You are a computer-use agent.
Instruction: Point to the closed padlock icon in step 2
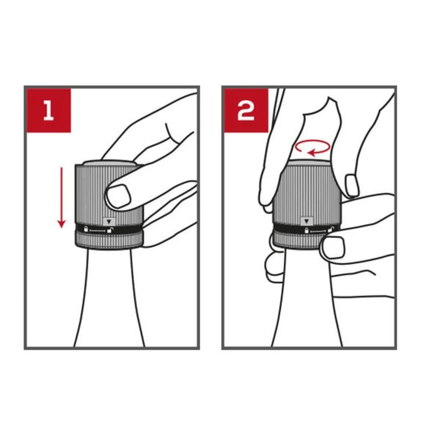(307, 230)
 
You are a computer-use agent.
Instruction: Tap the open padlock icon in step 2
(331, 230)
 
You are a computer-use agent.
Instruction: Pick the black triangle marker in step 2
(307, 221)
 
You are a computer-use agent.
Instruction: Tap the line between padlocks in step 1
(98, 230)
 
